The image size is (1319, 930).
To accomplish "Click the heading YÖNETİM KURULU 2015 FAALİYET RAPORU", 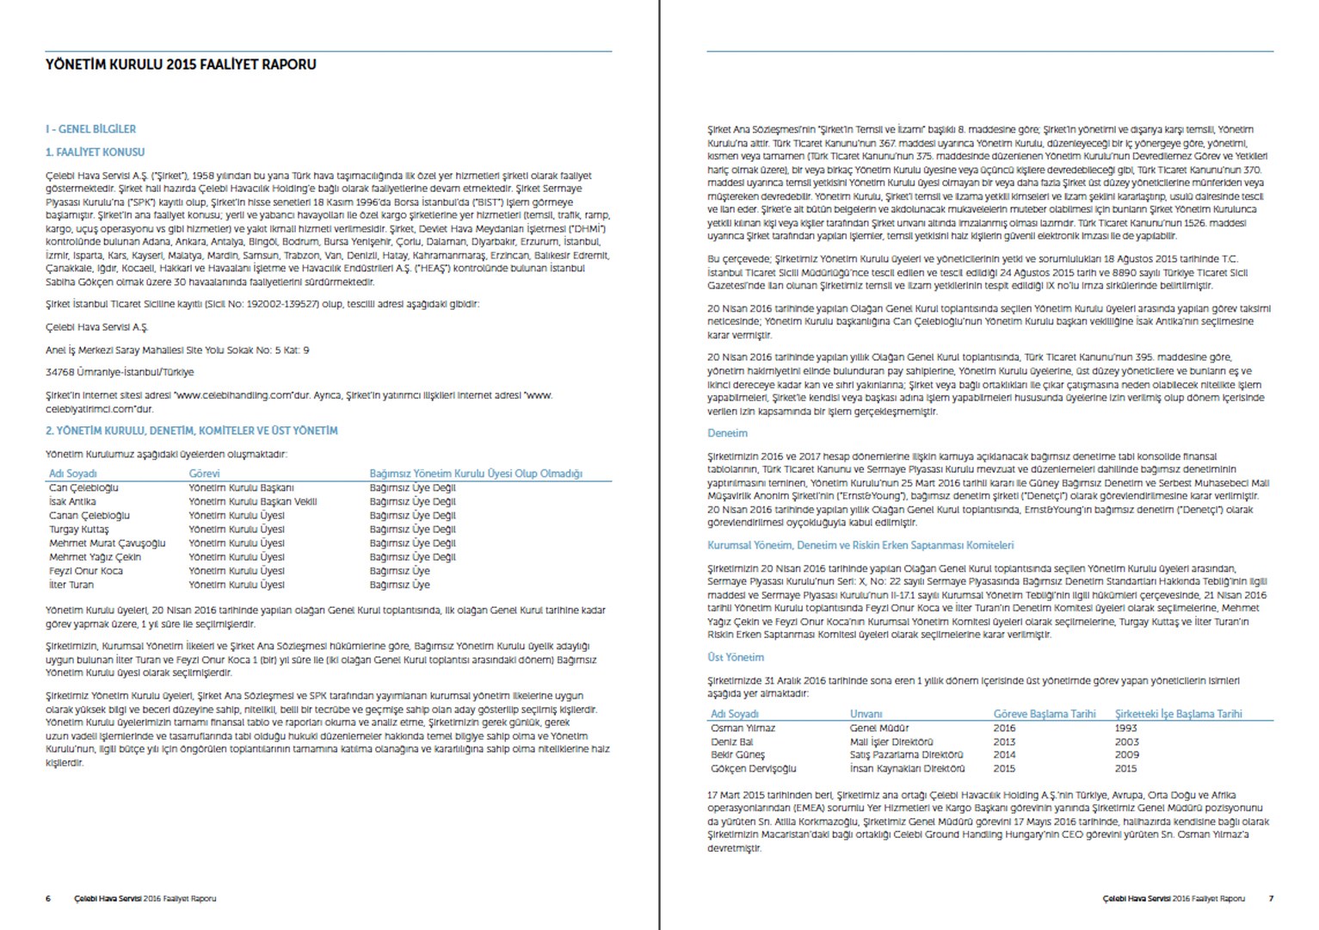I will click(181, 65).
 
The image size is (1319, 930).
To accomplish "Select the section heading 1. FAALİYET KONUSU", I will click(96, 152).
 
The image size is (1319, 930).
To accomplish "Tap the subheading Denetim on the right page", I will click(727, 433).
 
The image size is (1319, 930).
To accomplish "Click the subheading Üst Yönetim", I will click(735, 657).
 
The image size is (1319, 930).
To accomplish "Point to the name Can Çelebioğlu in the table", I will click(83, 488).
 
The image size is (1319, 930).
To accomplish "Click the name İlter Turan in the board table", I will click(71, 585).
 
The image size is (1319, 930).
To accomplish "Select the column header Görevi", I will click(204, 474).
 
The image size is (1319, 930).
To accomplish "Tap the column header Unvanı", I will click(866, 714).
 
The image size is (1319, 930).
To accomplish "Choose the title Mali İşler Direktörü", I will click(891, 741).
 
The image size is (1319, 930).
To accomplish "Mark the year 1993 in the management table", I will click(1126, 728).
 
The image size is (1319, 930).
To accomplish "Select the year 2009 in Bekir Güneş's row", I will click(1126, 754).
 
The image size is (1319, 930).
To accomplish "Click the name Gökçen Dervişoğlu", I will click(753, 768).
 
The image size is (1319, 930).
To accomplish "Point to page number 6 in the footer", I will click(48, 899).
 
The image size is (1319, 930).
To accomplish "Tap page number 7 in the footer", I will click(1271, 899).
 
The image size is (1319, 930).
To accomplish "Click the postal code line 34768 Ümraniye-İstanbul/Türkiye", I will click(120, 373).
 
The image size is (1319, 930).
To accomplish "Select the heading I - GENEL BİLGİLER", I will click(90, 129).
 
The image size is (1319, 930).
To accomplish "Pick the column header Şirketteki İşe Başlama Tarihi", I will click(1178, 714).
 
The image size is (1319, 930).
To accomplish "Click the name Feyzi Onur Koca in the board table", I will click(86, 571).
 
